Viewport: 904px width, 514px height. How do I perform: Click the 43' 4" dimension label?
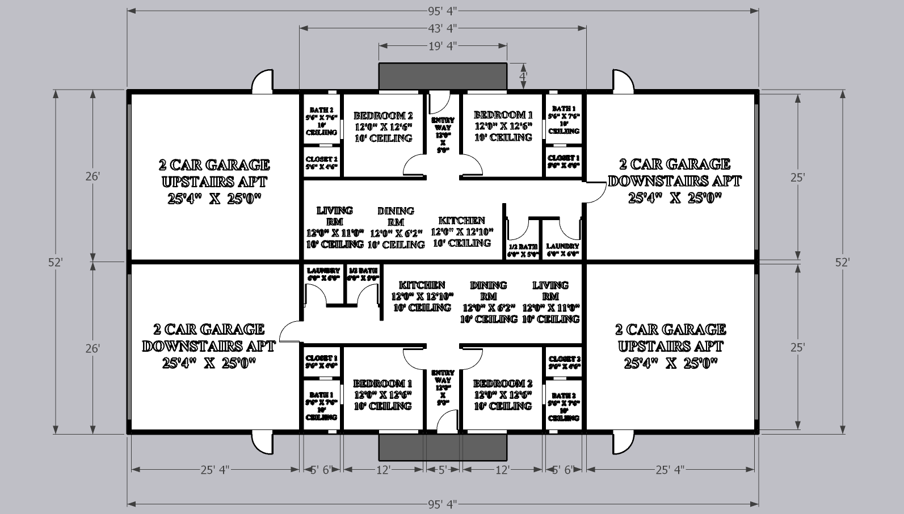(x=442, y=28)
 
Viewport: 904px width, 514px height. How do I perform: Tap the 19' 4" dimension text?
(x=442, y=46)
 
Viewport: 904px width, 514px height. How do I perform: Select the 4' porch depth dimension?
(x=523, y=75)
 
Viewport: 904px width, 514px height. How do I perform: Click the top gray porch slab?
(x=442, y=76)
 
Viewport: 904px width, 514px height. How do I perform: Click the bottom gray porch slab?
(x=442, y=447)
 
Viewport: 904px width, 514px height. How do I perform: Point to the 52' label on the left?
(x=55, y=262)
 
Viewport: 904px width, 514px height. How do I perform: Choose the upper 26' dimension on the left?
(x=92, y=176)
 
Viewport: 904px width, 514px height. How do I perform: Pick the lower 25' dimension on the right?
(x=797, y=348)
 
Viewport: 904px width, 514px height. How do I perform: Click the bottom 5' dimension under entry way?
(x=443, y=469)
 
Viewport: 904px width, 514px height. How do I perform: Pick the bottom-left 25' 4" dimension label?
(x=215, y=469)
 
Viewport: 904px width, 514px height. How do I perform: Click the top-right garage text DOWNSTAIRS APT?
(x=674, y=181)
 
